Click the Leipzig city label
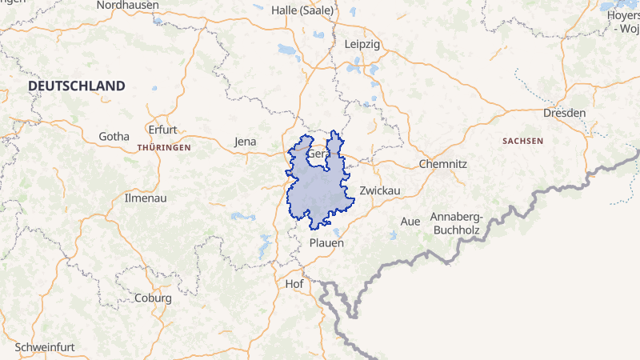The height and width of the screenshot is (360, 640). [362, 44]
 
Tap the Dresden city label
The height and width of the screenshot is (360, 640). [564, 113]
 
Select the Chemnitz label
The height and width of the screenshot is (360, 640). [442, 164]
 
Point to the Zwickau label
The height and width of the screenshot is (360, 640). [379, 190]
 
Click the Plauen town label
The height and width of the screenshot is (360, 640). [326, 242]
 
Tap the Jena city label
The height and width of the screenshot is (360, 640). [245, 142]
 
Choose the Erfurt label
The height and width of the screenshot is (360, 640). [162, 130]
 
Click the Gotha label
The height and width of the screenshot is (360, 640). [114, 136]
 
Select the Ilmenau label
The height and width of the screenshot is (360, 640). [146, 197]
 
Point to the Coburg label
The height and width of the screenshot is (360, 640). [154, 298]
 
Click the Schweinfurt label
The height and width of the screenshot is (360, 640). [45, 347]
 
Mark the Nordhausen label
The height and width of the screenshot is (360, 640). [127, 5]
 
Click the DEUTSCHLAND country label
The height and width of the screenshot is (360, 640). [77, 86]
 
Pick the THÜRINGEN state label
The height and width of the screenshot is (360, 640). [164, 148]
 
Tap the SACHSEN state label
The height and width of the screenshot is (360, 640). [522, 141]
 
